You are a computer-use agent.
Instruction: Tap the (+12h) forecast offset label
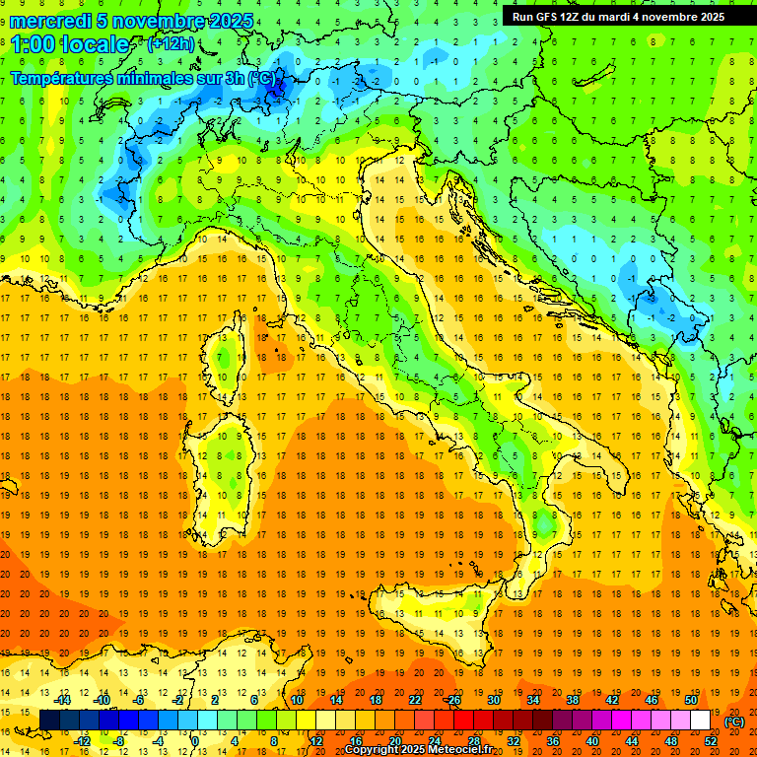click(171, 43)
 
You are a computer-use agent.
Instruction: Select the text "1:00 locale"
click(70, 44)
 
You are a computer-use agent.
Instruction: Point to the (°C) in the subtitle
click(261, 78)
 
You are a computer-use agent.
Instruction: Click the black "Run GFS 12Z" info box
click(618, 16)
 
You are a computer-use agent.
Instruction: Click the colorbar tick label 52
click(711, 741)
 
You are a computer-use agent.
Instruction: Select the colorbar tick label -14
click(62, 700)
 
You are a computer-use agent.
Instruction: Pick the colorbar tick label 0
click(195, 741)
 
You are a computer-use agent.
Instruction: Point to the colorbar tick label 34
click(533, 700)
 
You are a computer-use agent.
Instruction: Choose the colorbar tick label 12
click(316, 741)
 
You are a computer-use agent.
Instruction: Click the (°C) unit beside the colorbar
click(734, 722)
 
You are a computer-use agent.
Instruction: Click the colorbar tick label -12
click(82, 741)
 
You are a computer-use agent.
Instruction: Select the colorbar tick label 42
click(611, 700)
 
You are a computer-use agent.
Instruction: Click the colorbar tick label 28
click(473, 741)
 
